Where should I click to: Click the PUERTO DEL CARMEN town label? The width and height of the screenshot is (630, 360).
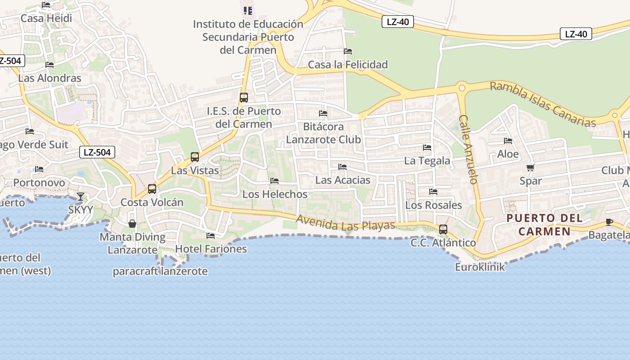click(544, 225)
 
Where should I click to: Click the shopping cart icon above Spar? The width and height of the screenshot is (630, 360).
click(530, 168)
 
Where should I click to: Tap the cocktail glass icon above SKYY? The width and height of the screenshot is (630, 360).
click(81, 197)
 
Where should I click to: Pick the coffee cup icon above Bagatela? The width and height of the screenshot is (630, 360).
click(609, 222)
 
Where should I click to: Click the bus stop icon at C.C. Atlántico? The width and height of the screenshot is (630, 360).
click(443, 229)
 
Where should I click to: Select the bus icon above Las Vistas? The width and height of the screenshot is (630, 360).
click(195, 157)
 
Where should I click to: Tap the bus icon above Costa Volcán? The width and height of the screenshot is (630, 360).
click(152, 189)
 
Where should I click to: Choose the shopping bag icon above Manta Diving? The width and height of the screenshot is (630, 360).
click(132, 224)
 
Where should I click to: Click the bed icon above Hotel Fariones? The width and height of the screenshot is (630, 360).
click(211, 236)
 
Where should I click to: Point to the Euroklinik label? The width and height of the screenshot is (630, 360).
click(480, 267)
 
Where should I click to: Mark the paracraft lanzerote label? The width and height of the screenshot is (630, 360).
click(160, 271)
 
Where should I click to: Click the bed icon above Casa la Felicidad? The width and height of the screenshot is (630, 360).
click(348, 51)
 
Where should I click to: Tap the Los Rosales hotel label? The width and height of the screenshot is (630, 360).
click(433, 205)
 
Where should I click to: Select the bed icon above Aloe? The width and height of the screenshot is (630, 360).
click(508, 141)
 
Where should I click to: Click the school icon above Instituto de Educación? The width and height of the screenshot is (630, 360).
click(248, 10)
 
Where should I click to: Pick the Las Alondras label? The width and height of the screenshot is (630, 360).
click(49, 78)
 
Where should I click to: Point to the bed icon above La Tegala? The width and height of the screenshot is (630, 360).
click(427, 148)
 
